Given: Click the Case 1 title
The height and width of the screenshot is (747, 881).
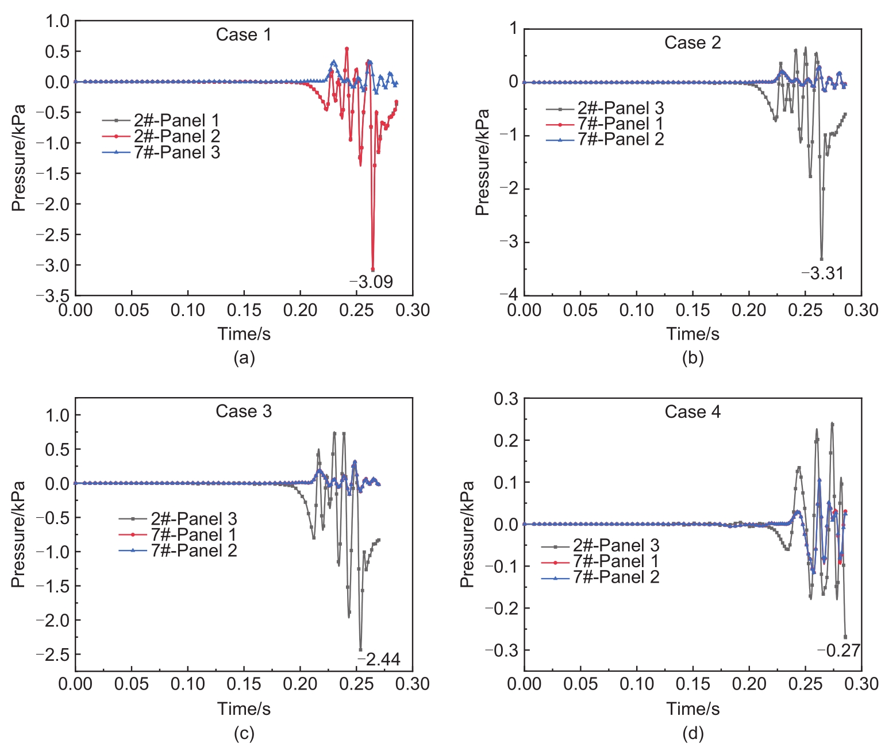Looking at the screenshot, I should pyautogui.click(x=243, y=35).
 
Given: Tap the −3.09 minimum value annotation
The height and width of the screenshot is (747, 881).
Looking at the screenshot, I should pyautogui.click(x=372, y=282).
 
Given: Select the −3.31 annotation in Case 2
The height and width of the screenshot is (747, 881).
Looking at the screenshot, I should pyautogui.click(x=823, y=274).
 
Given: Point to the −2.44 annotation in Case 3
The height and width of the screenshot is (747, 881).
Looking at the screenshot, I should pyautogui.click(x=379, y=659).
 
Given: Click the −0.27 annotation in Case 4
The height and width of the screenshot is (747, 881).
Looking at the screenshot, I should pyautogui.click(x=839, y=650).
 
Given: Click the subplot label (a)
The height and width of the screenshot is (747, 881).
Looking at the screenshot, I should pyautogui.click(x=244, y=358).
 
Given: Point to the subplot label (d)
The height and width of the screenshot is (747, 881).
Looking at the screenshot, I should pyautogui.click(x=693, y=733).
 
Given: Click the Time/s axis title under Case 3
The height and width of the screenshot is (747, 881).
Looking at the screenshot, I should pyautogui.click(x=244, y=709).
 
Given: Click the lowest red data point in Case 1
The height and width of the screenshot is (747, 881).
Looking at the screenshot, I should pyautogui.click(x=372, y=269).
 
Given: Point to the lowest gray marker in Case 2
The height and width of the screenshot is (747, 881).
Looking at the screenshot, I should pyautogui.click(x=821, y=259).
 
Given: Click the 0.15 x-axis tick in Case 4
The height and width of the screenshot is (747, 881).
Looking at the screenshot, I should pyautogui.click(x=693, y=684).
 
